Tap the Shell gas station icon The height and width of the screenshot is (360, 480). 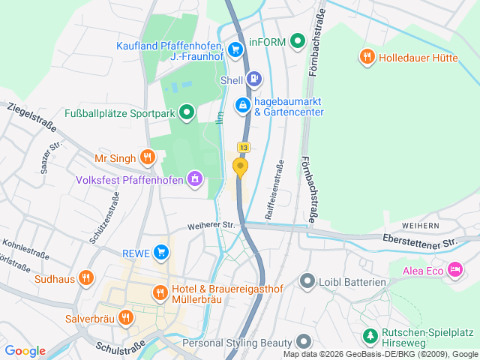(255, 78)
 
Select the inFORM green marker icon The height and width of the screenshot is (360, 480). (298, 41)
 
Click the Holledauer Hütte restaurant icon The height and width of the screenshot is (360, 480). (367, 56)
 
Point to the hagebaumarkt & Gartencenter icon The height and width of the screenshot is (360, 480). (243, 106)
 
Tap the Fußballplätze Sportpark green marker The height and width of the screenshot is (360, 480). (187, 113)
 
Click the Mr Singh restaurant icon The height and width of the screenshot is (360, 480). (147, 157)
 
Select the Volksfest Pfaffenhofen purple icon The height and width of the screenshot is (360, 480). (195, 179)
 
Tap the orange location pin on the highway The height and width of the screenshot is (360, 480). (241, 166)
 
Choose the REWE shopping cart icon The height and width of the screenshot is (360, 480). (160, 253)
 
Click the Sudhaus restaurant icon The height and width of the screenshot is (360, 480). (87, 279)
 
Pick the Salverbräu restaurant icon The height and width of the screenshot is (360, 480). (125, 316)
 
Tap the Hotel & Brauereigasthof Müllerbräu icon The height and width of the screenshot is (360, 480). (160, 292)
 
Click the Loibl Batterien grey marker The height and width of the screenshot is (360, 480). (307, 282)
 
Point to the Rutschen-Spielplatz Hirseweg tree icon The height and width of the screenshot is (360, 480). (369, 335)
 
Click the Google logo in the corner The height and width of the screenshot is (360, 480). (25, 350)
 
